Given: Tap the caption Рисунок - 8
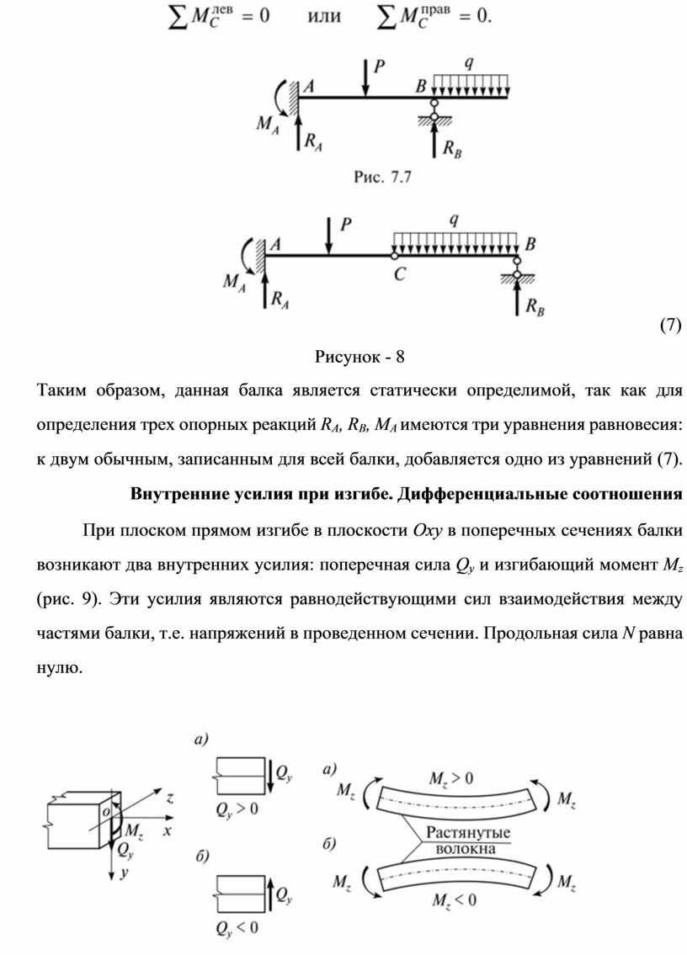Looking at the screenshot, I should tap(359, 356).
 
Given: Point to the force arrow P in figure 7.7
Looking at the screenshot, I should tap(365, 77).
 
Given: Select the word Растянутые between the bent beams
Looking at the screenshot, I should tap(470, 832).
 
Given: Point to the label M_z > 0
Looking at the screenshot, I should tap(451, 778).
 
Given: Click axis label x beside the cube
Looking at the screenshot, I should tap(167, 830).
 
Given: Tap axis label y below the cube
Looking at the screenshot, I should tap(124, 873).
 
